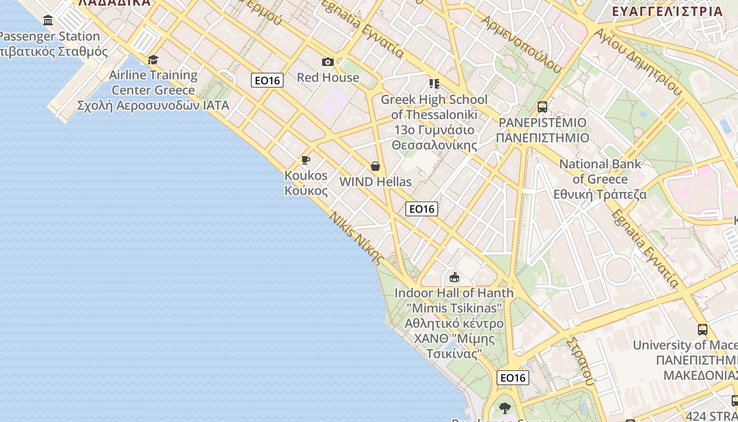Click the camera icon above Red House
coord(328,62)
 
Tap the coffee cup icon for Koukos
coord(305,160)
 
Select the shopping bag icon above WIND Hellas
coord(375,167)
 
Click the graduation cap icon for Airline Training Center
coord(153,60)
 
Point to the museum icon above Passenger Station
coord(48,21)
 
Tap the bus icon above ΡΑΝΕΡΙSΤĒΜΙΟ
coord(542,107)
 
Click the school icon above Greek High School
coord(434,84)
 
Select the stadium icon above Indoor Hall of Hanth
coord(454,277)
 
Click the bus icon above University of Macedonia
coord(702,330)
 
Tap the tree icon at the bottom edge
coord(505,408)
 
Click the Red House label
coord(328,78)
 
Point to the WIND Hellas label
coord(375,182)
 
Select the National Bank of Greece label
coord(600,179)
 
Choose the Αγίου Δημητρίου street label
coord(638,61)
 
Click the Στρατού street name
coord(582,361)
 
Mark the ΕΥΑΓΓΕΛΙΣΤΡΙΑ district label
coord(666,11)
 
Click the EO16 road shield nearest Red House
coord(267,80)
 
